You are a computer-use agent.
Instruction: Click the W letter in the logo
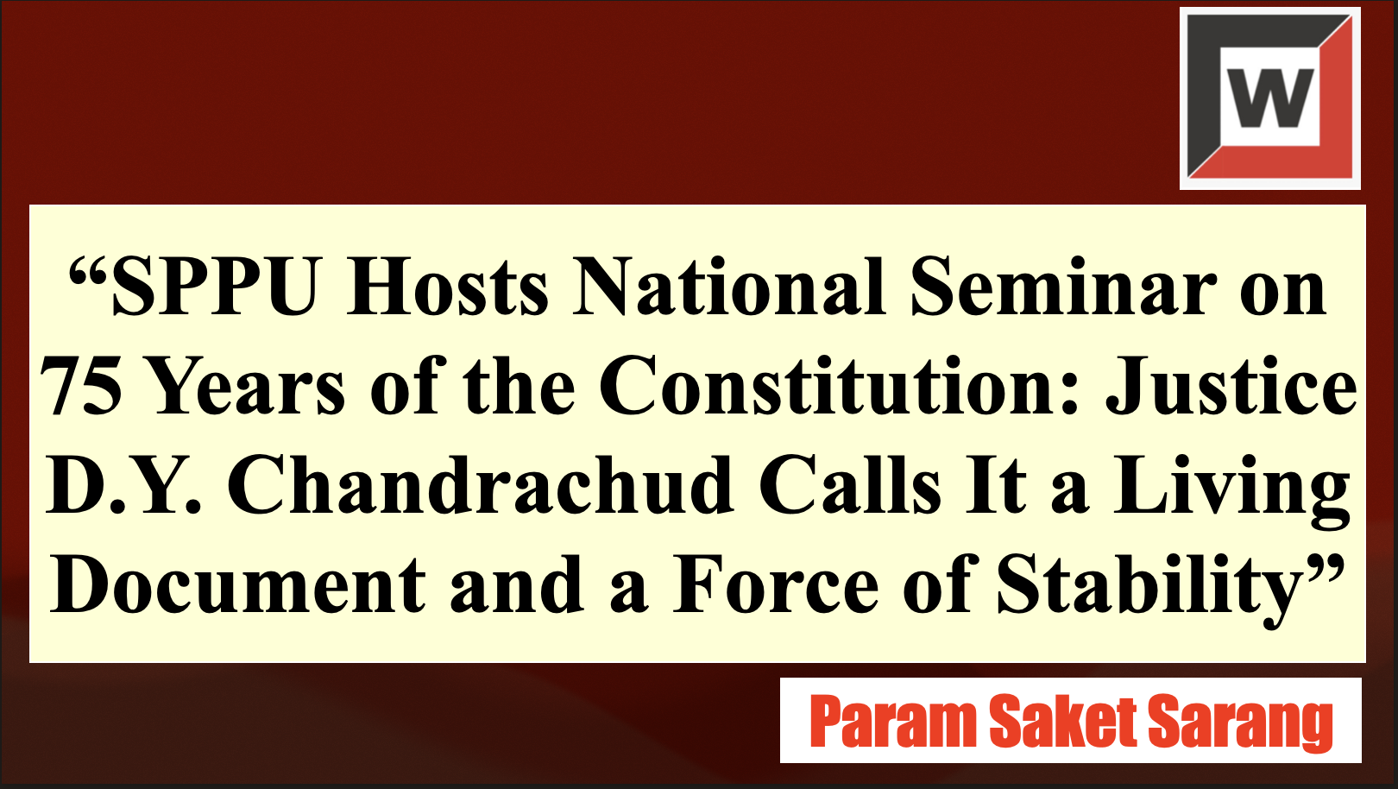[x=1270, y=98]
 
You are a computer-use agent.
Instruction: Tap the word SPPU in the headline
[x=213, y=287]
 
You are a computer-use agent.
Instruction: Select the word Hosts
[x=446, y=287]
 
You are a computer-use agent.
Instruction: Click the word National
[x=729, y=287]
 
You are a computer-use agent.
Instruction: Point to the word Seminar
[x=1063, y=287]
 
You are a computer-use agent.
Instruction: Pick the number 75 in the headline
[x=80, y=387]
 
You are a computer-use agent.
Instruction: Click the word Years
[x=247, y=387]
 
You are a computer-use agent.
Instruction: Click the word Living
[x=1231, y=491]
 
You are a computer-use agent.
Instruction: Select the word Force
[x=775, y=585]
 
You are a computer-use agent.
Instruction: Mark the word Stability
[x=1152, y=590]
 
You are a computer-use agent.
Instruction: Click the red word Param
[x=893, y=721]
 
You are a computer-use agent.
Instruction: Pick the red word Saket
[x=1063, y=720]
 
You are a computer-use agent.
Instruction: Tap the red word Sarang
[x=1240, y=724]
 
